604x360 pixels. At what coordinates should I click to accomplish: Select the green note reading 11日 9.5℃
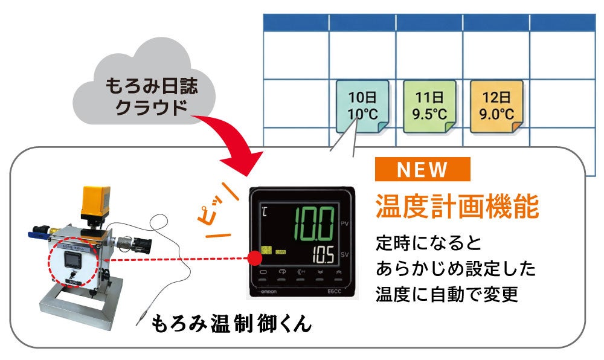pyautogui.click(x=429, y=105)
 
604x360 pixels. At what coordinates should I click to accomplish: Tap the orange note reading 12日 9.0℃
pyautogui.click(x=496, y=105)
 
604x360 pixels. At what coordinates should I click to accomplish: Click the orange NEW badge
pyautogui.click(x=422, y=170)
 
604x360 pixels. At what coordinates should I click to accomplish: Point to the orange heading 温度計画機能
pyautogui.click(x=457, y=207)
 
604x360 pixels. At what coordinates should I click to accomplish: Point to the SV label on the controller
pyautogui.click(x=345, y=254)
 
